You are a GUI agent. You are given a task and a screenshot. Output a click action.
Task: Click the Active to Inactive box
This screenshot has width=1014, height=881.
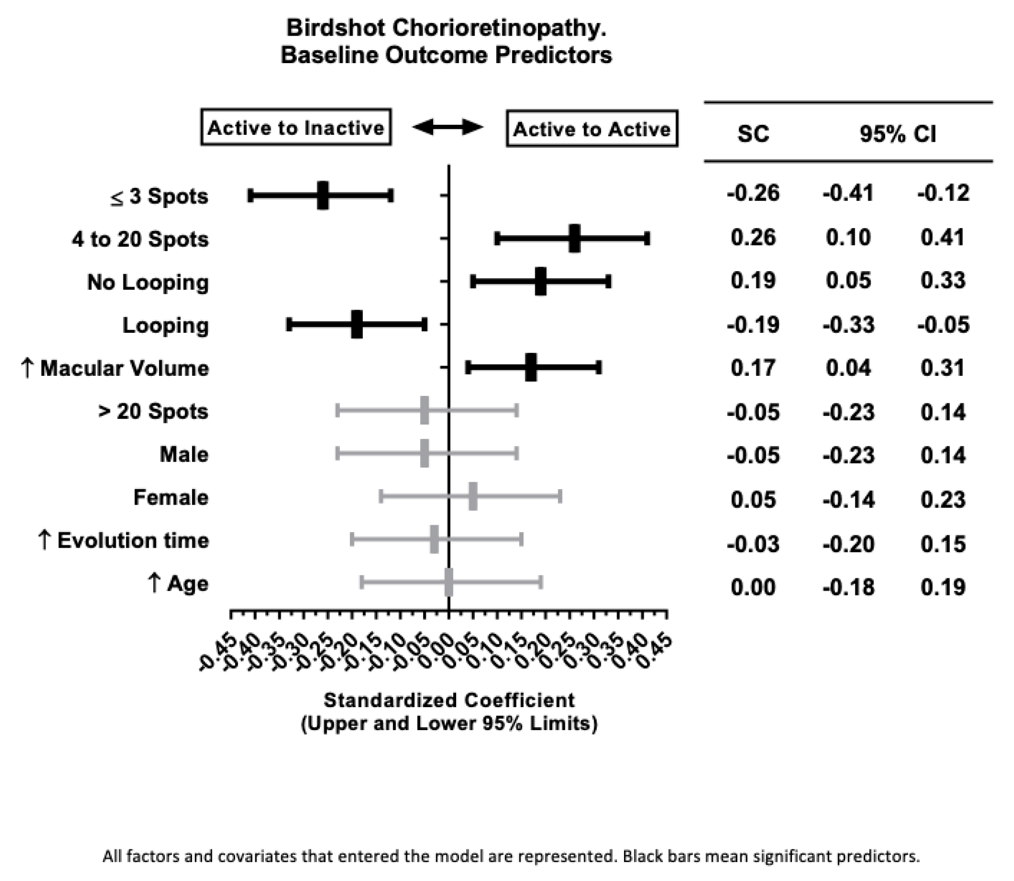coord(296,127)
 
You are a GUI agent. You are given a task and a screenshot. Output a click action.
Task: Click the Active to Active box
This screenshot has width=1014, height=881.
coord(591,129)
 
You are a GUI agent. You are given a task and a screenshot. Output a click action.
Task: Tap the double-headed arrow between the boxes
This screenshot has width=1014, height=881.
coord(448,127)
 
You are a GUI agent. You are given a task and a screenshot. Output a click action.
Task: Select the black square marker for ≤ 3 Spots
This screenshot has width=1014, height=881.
coord(323,195)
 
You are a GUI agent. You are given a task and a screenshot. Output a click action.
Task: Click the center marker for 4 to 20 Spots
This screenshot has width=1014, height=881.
coord(574,239)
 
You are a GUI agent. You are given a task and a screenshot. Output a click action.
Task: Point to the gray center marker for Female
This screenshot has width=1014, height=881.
coord(473,497)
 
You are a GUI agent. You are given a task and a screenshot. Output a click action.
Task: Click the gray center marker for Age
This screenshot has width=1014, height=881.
coord(449,582)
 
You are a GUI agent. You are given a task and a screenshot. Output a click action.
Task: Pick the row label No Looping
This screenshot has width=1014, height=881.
coord(148,282)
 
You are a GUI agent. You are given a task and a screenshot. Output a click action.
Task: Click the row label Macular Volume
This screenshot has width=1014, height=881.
coord(124,368)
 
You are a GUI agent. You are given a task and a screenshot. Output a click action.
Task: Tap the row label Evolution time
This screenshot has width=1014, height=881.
coord(133,541)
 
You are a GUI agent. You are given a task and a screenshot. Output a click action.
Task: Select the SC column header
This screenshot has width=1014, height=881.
coord(753,134)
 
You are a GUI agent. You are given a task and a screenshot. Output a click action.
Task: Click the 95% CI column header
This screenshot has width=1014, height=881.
coord(897,134)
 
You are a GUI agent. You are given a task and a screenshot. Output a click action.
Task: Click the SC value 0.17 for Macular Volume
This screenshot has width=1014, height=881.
coord(753,368)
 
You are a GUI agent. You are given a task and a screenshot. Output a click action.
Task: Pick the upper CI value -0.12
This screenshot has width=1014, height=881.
coord(943,193)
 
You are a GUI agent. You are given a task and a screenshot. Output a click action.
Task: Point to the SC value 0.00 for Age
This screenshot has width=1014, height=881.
coord(753,587)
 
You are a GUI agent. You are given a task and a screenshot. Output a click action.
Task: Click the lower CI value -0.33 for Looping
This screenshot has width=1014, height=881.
coord(848,325)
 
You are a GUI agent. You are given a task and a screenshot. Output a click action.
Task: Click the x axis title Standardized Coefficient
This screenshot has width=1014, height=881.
coord(449,700)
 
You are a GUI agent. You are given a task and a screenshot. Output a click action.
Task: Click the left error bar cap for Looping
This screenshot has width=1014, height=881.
coord(289,325)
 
